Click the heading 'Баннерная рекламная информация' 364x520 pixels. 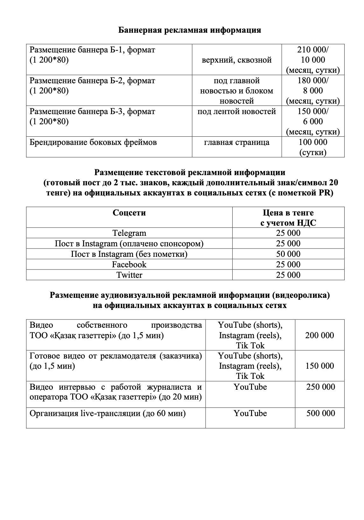pos(190,30)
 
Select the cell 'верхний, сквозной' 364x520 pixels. pos(237,60)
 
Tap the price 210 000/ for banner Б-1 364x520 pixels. pos(313,50)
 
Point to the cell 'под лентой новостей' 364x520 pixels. pos(237,112)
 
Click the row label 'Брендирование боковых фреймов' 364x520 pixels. pos(93,142)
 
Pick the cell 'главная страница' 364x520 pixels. pos(237,142)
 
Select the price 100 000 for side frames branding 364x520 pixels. pos(313,142)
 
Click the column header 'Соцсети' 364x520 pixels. pos(129,213)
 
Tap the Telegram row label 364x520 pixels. pos(129,233)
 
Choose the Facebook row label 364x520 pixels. pos(129,264)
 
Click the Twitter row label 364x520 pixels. pos(129,275)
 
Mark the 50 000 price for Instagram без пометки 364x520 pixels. pos(288,254)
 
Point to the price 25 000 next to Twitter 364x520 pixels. pos(288,275)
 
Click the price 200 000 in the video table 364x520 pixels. pos(319,335)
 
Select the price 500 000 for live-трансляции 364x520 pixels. pos(321,413)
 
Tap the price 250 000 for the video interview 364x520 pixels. pos(321,387)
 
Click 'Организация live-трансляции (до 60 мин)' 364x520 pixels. pos(108,414)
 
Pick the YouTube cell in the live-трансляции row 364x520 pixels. pos(250,413)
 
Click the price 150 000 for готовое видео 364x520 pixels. pos(319,366)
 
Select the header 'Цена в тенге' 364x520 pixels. pos(288,213)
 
